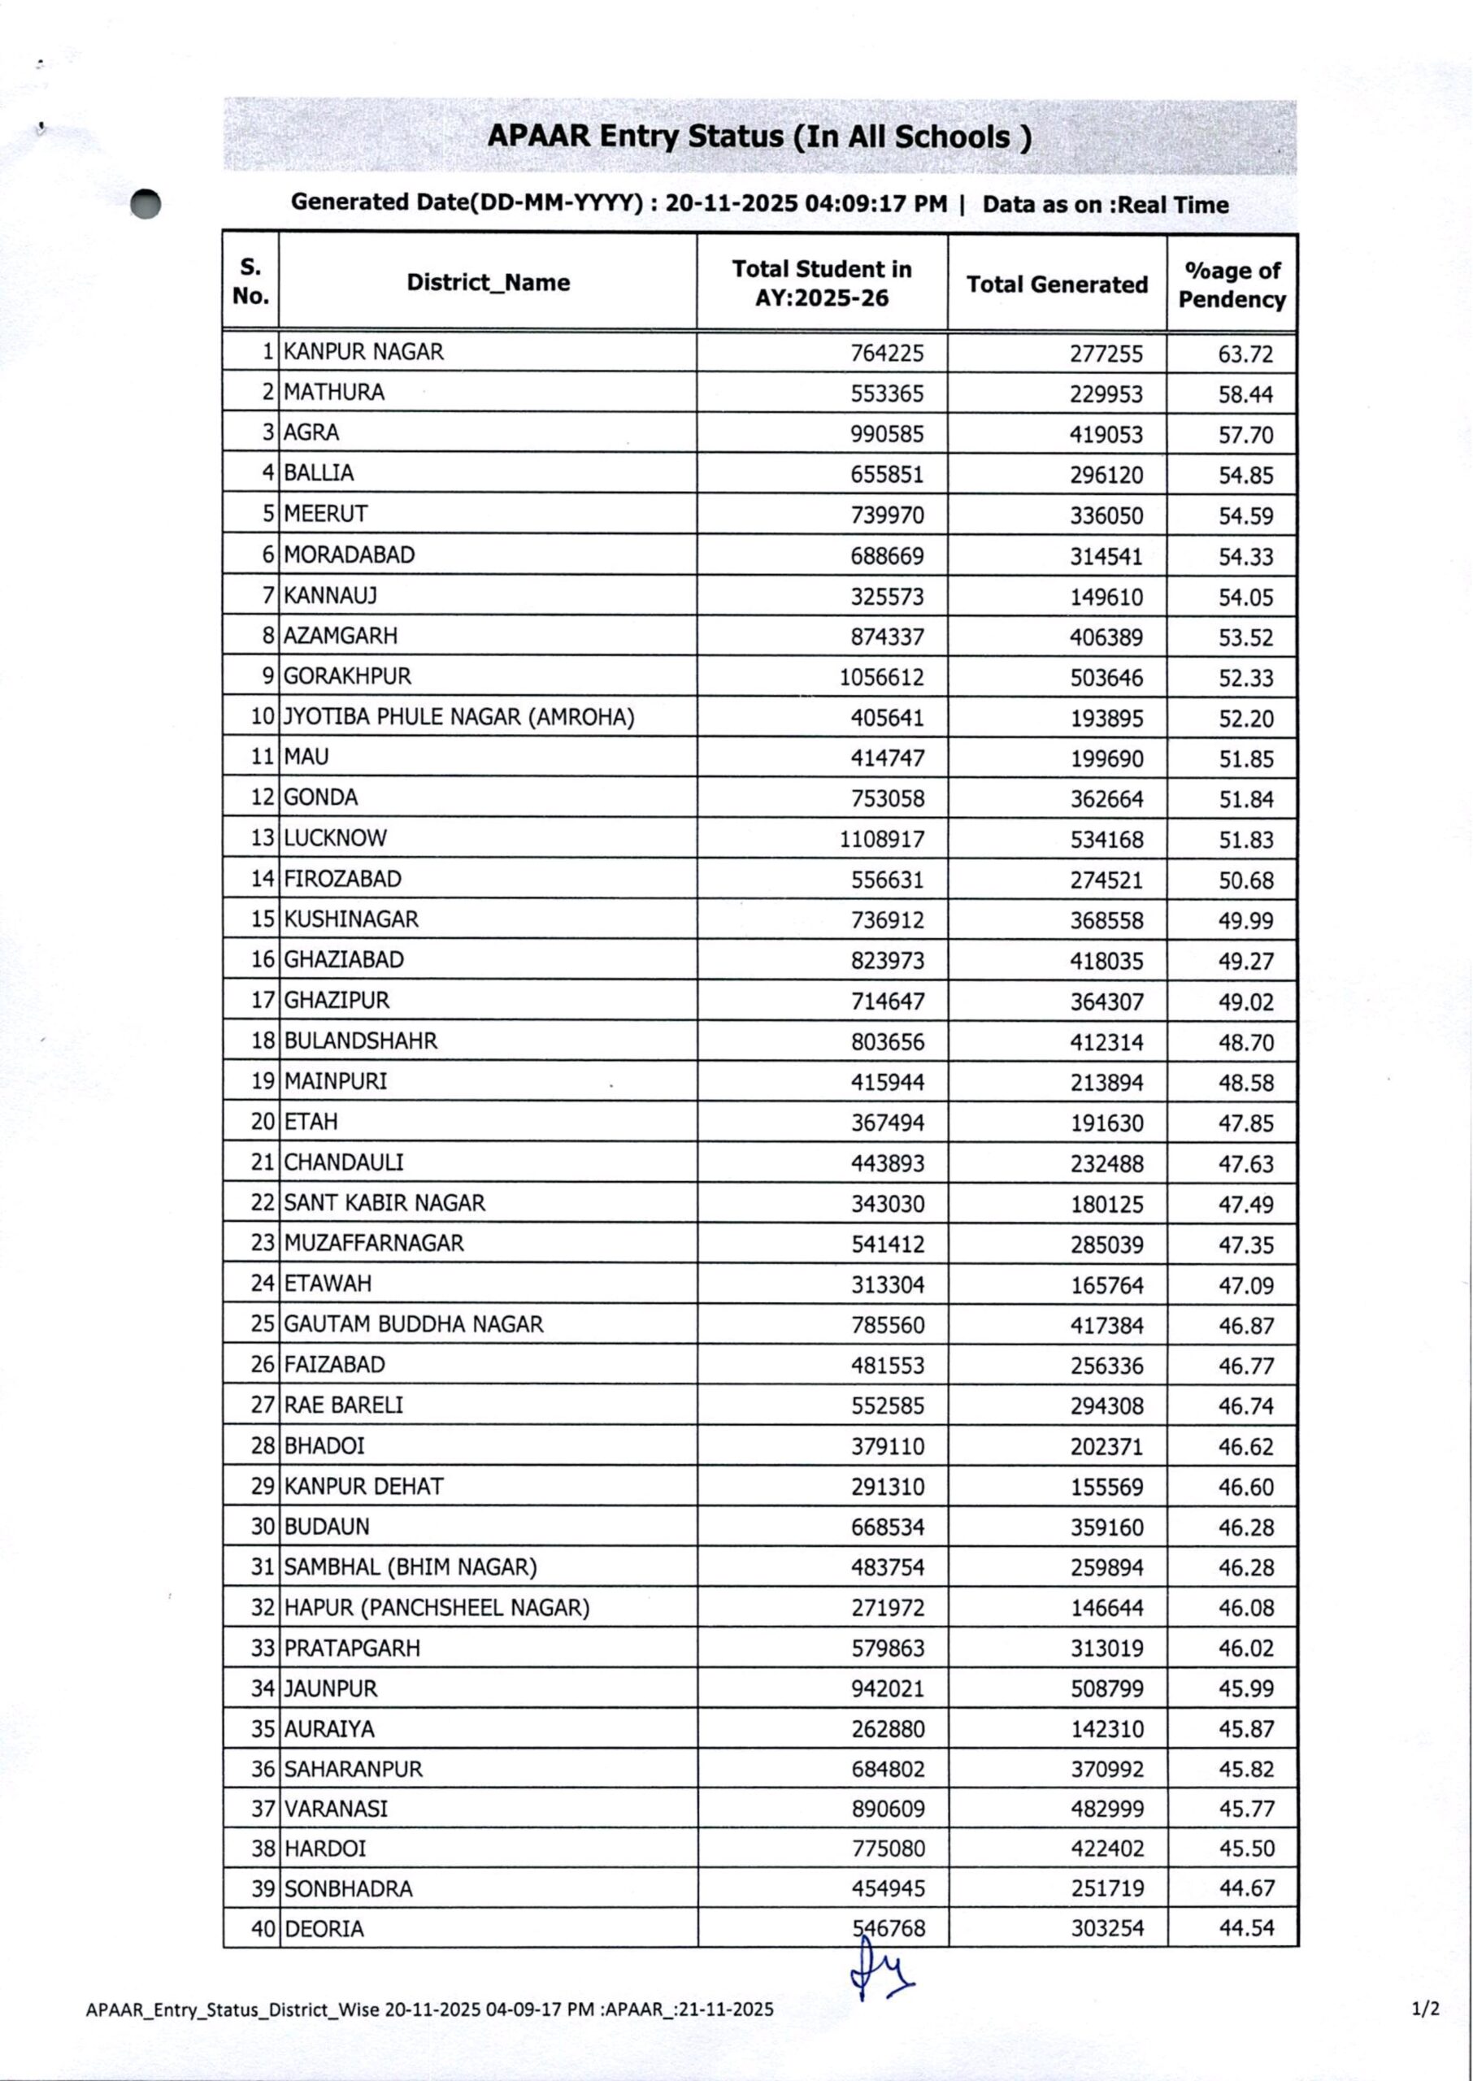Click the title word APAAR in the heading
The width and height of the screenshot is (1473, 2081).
pos(539,136)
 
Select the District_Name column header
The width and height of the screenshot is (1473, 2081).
pos(488,282)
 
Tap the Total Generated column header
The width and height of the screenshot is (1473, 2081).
pos(1057,285)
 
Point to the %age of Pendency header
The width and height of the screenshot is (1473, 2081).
pos(1232,285)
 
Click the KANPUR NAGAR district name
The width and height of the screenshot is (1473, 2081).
pos(363,352)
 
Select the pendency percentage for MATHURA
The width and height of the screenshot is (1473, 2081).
pos(1245,394)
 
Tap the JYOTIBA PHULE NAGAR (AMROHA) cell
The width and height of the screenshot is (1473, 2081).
pos(459,717)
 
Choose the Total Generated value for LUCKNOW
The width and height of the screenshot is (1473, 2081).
pos(1106,840)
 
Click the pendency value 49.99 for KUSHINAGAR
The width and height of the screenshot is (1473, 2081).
pos(1245,920)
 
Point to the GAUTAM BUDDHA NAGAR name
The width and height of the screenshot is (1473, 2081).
pos(414,1324)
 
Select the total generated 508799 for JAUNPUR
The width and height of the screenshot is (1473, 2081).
pos(1106,1688)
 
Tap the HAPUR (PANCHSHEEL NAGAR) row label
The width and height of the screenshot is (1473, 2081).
pos(437,1608)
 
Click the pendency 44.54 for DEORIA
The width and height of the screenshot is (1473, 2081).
pos(1245,1927)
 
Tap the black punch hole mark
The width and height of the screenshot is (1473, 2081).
pos(146,204)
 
